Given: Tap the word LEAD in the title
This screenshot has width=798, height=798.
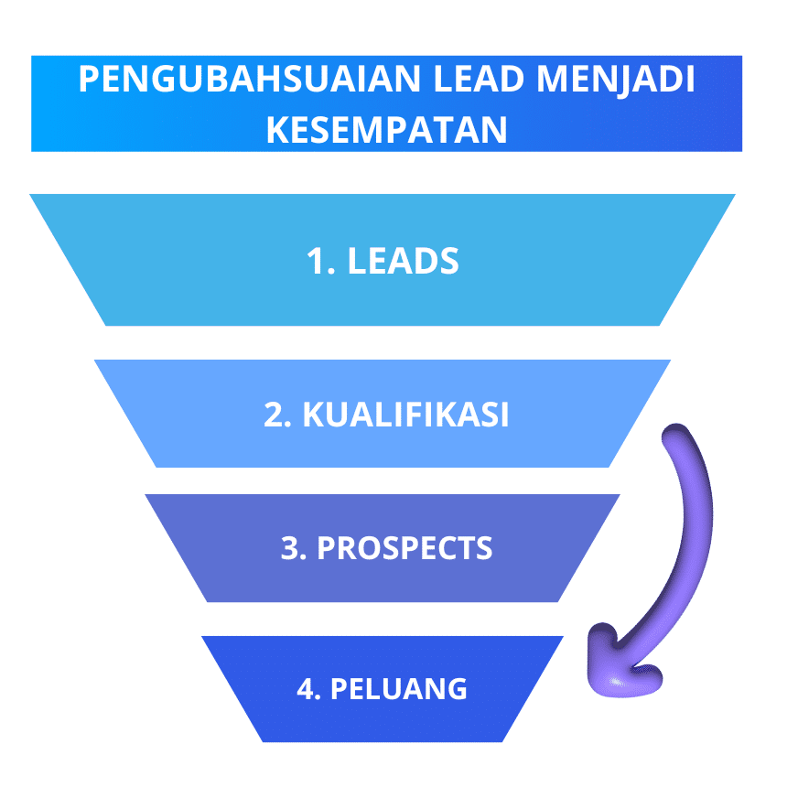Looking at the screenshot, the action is (x=479, y=79).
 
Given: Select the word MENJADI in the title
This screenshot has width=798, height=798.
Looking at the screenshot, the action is (x=616, y=80).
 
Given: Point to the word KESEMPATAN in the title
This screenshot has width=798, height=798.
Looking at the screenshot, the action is (x=387, y=130).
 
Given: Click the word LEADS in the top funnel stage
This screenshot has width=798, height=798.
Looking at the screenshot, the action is (x=403, y=261).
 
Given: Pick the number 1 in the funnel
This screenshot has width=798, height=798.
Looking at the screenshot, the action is (x=316, y=261).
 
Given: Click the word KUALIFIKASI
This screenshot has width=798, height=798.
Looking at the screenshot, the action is (x=405, y=415).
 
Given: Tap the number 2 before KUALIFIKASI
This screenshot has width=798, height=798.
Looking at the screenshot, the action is (x=274, y=415).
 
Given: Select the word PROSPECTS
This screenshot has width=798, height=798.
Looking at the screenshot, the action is (x=404, y=547).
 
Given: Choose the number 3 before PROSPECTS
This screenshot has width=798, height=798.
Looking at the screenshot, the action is (x=290, y=547).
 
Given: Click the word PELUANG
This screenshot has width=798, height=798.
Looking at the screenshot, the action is (x=398, y=688).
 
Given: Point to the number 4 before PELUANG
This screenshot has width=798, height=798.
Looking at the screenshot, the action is (x=307, y=688).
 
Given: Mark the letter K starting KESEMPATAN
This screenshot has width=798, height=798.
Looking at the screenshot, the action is (x=277, y=130).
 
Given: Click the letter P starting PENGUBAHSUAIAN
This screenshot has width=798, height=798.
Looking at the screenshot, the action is (x=89, y=79).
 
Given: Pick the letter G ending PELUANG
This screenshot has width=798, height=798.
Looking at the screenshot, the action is (x=455, y=688).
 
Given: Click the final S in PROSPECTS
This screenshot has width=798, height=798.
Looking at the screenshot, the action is (x=482, y=547).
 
